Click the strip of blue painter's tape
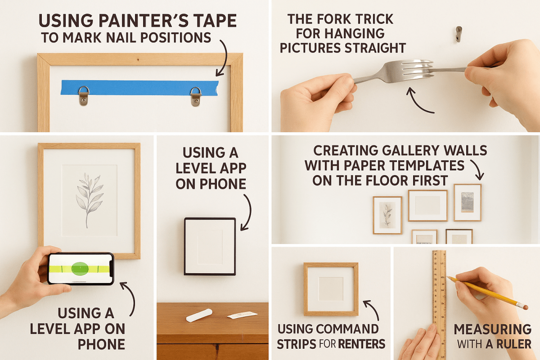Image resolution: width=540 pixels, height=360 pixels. [x=139, y=87]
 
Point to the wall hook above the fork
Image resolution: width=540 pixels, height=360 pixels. [x=458, y=33]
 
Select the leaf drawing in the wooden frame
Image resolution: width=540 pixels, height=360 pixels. [x=89, y=200]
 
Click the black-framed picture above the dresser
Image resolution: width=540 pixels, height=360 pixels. [x=210, y=246]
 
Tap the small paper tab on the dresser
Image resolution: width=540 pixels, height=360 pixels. [x=242, y=315]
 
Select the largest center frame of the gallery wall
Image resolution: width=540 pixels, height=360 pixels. [x=427, y=206]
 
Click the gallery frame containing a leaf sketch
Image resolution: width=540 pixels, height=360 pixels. [x=387, y=215]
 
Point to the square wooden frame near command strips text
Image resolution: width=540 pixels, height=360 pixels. [x=331, y=289]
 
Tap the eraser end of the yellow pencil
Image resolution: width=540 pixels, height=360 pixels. [x=525, y=306]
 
